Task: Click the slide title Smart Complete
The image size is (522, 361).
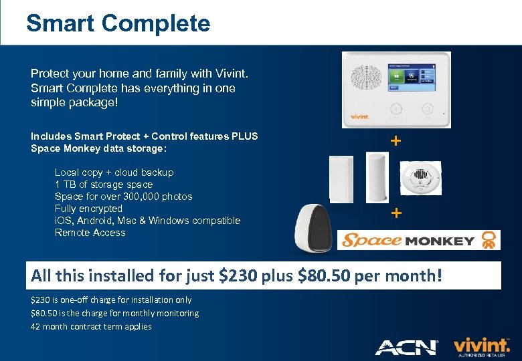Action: coord(118,23)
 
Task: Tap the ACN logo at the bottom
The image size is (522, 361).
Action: coord(406,347)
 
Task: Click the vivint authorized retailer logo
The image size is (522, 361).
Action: coord(481,346)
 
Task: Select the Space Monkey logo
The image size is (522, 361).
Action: coord(420,240)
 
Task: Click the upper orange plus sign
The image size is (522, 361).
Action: coord(396,141)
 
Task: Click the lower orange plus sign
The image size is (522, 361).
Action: coord(396,213)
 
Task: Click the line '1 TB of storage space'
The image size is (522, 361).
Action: coord(104,185)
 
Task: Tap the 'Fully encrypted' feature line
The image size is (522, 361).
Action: coord(88,209)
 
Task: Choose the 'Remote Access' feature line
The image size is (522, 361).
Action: coord(90,233)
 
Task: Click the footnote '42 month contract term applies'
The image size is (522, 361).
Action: coord(91,326)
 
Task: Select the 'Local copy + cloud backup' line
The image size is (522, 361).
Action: coord(114,172)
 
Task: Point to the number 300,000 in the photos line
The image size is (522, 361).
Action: coord(156,197)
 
